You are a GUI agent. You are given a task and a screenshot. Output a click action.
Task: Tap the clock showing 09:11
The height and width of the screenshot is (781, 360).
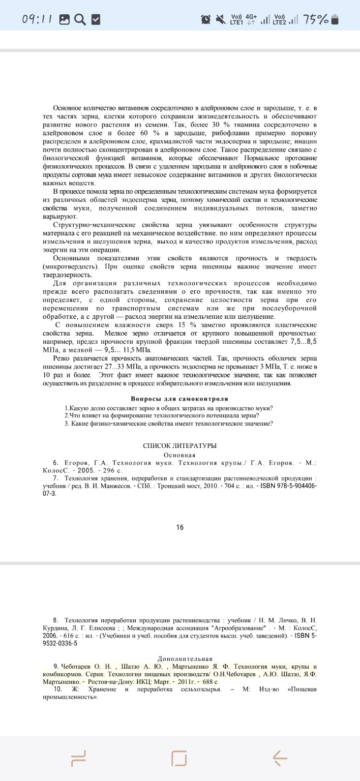click(38, 19)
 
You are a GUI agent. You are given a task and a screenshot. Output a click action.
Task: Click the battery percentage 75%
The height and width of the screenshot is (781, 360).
click(315, 19)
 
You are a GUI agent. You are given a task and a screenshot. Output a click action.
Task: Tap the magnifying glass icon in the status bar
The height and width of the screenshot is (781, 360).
click(80, 19)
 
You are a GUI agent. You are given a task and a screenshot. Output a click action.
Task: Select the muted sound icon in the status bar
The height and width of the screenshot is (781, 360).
click(220, 19)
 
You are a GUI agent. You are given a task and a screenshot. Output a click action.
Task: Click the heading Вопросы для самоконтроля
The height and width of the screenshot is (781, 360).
click(179, 399)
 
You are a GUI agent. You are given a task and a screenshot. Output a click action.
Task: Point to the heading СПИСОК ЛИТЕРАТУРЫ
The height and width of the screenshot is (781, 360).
click(179, 445)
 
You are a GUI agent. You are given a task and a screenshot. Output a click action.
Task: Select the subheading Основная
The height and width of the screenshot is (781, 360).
click(179, 455)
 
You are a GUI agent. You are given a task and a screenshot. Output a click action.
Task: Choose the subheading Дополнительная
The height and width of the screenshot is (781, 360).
click(185, 658)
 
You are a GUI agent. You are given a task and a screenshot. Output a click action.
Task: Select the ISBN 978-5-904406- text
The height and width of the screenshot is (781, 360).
click(289, 486)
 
